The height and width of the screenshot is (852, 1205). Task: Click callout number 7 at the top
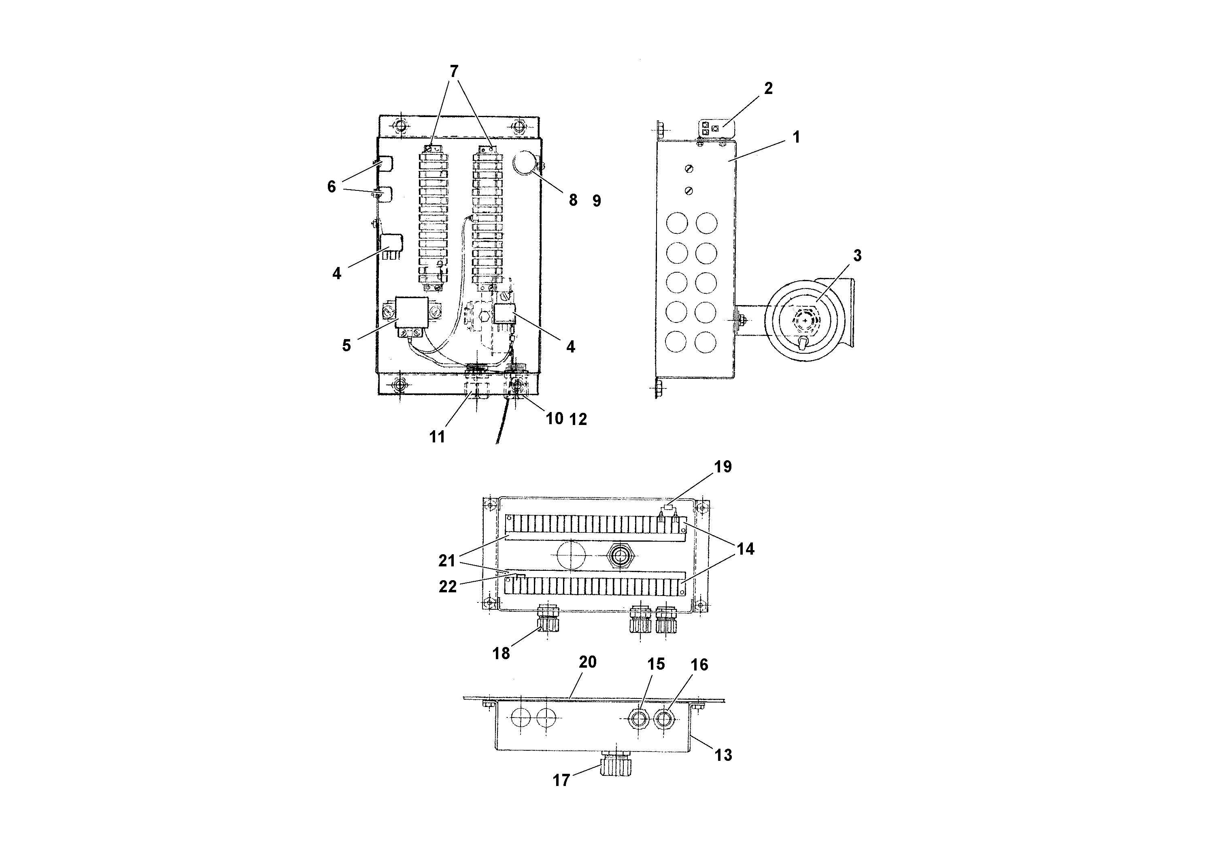pos(454,71)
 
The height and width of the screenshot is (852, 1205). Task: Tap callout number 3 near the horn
pos(857,256)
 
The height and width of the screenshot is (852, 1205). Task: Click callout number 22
pos(447,587)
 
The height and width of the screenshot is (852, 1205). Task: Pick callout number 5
pos(346,345)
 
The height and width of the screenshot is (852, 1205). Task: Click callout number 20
pos(587,662)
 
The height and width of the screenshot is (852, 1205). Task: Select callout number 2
pos(768,88)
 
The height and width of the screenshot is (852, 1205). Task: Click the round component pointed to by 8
pos(525,163)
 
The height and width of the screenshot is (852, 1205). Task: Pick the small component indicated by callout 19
pos(667,508)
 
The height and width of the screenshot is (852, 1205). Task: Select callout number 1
pos(796,137)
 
